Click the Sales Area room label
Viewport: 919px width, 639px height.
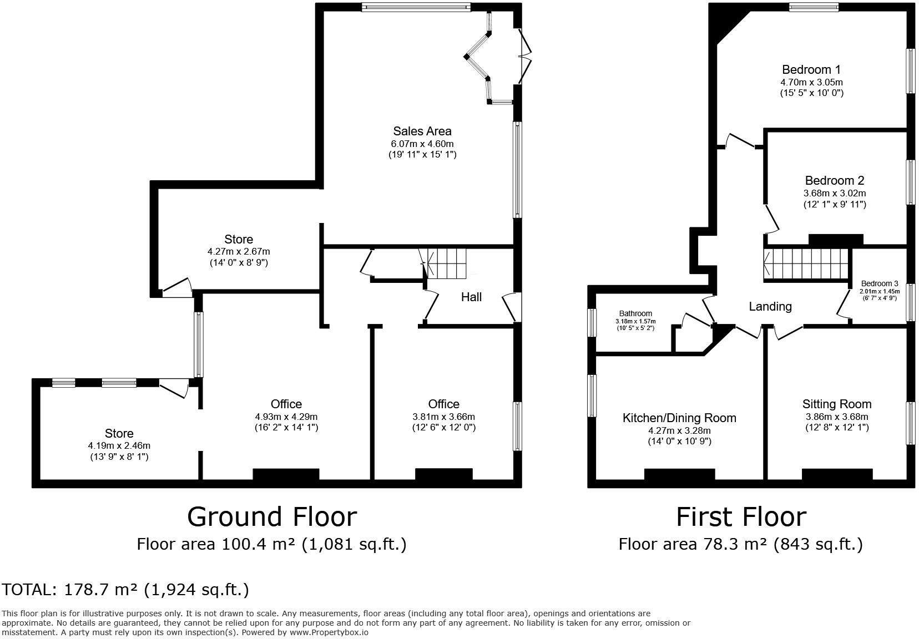[x=422, y=131]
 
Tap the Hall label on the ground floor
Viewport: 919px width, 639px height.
[x=471, y=297]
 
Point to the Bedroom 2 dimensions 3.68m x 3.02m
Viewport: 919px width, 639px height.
[x=834, y=194]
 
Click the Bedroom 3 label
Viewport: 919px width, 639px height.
[x=879, y=284]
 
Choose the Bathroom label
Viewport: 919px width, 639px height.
[x=635, y=314]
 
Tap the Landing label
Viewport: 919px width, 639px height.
[x=770, y=306]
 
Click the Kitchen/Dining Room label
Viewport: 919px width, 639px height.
[x=679, y=418]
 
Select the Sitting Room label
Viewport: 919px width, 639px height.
[x=836, y=404]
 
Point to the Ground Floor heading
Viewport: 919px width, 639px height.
[x=271, y=517]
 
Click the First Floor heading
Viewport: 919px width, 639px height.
[x=740, y=517]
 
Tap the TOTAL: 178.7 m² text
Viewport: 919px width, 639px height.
[x=125, y=590]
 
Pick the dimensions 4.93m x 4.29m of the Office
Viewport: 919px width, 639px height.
[x=286, y=417]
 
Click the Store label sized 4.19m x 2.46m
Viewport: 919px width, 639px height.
[x=119, y=434]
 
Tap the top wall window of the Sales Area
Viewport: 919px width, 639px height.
[x=416, y=7]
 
